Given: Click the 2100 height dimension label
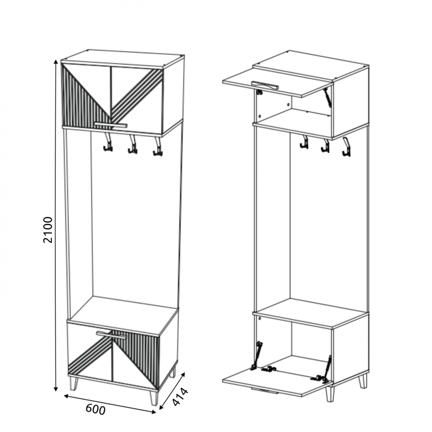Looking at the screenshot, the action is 48,230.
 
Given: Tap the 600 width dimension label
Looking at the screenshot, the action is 95,410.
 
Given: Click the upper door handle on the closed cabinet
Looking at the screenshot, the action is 111,125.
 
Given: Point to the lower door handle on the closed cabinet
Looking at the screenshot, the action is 111,335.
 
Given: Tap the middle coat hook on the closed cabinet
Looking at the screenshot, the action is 133,144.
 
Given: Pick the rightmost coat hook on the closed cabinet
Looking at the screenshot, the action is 158,146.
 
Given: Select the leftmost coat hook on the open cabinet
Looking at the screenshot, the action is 304,142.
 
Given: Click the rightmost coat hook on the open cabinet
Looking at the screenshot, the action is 346,147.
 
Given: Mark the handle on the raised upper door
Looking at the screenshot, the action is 265,86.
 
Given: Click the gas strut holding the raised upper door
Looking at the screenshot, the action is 327,97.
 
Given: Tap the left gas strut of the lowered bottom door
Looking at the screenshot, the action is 257,356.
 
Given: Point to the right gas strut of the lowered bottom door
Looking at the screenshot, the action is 327,369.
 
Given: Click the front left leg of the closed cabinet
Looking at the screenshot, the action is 74,384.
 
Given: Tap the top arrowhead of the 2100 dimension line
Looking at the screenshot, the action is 56,62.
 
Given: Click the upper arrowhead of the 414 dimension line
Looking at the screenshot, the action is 183,375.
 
